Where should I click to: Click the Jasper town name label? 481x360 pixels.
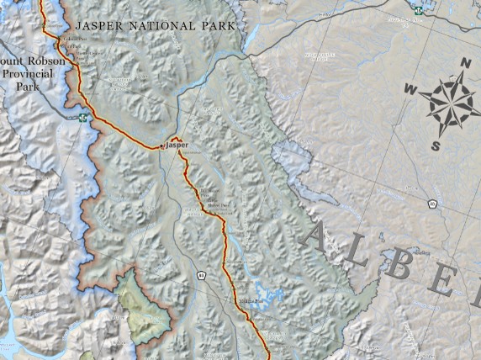point(177,145)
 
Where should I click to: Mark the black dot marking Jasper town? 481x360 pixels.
point(162,146)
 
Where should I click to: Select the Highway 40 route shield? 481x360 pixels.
point(432,204)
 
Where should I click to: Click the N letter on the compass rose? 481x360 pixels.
point(464,63)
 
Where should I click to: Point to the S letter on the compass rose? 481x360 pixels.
point(436,146)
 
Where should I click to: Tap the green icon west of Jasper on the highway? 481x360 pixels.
point(82,118)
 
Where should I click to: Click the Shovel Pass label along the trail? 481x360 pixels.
point(218,204)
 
